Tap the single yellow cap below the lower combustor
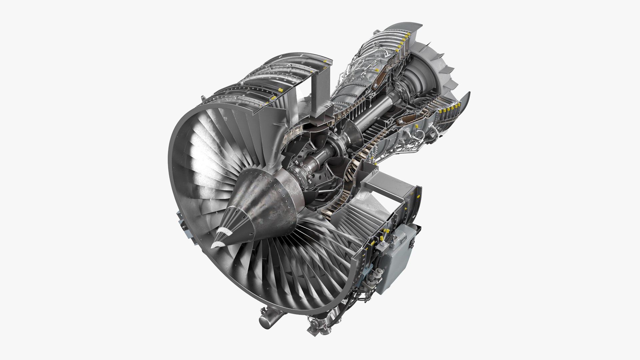click(416, 126)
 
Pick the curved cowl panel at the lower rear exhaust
click(465, 103)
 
